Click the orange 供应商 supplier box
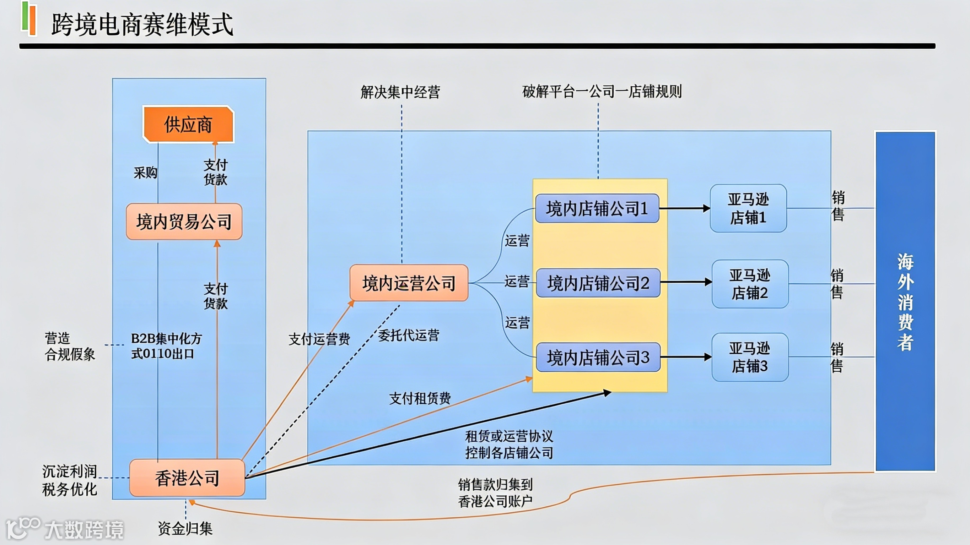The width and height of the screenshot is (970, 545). click(x=188, y=124)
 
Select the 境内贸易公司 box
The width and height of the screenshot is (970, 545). click(x=184, y=221)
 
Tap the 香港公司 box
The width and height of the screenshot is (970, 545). click(x=187, y=478)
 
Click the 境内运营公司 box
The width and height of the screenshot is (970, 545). click(x=409, y=283)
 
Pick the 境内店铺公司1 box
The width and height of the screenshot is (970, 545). click(x=597, y=208)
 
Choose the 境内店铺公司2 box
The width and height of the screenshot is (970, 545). click(x=598, y=283)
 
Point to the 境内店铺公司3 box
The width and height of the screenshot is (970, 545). click(x=598, y=357)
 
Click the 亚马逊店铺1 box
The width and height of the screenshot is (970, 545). click(x=748, y=208)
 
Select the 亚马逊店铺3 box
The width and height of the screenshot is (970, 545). click(x=750, y=357)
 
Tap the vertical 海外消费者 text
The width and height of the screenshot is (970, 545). click(x=905, y=301)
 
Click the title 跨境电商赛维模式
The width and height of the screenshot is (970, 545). click(x=142, y=24)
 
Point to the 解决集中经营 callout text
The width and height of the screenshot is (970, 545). click(x=400, y=92)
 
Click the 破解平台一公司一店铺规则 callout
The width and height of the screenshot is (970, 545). click(x=602, y=92)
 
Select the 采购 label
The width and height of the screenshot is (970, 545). click(x=145, y=173)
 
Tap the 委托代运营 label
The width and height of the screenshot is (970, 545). click(x=409, y=335)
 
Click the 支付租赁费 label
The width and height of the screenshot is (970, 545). click(x=420, y=398)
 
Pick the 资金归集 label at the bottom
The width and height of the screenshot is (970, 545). click(x=185, y=528)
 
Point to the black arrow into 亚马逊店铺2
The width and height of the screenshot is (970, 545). click(x=686, y=282)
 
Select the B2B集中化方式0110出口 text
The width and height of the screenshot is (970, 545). click(x=166, y=346)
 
